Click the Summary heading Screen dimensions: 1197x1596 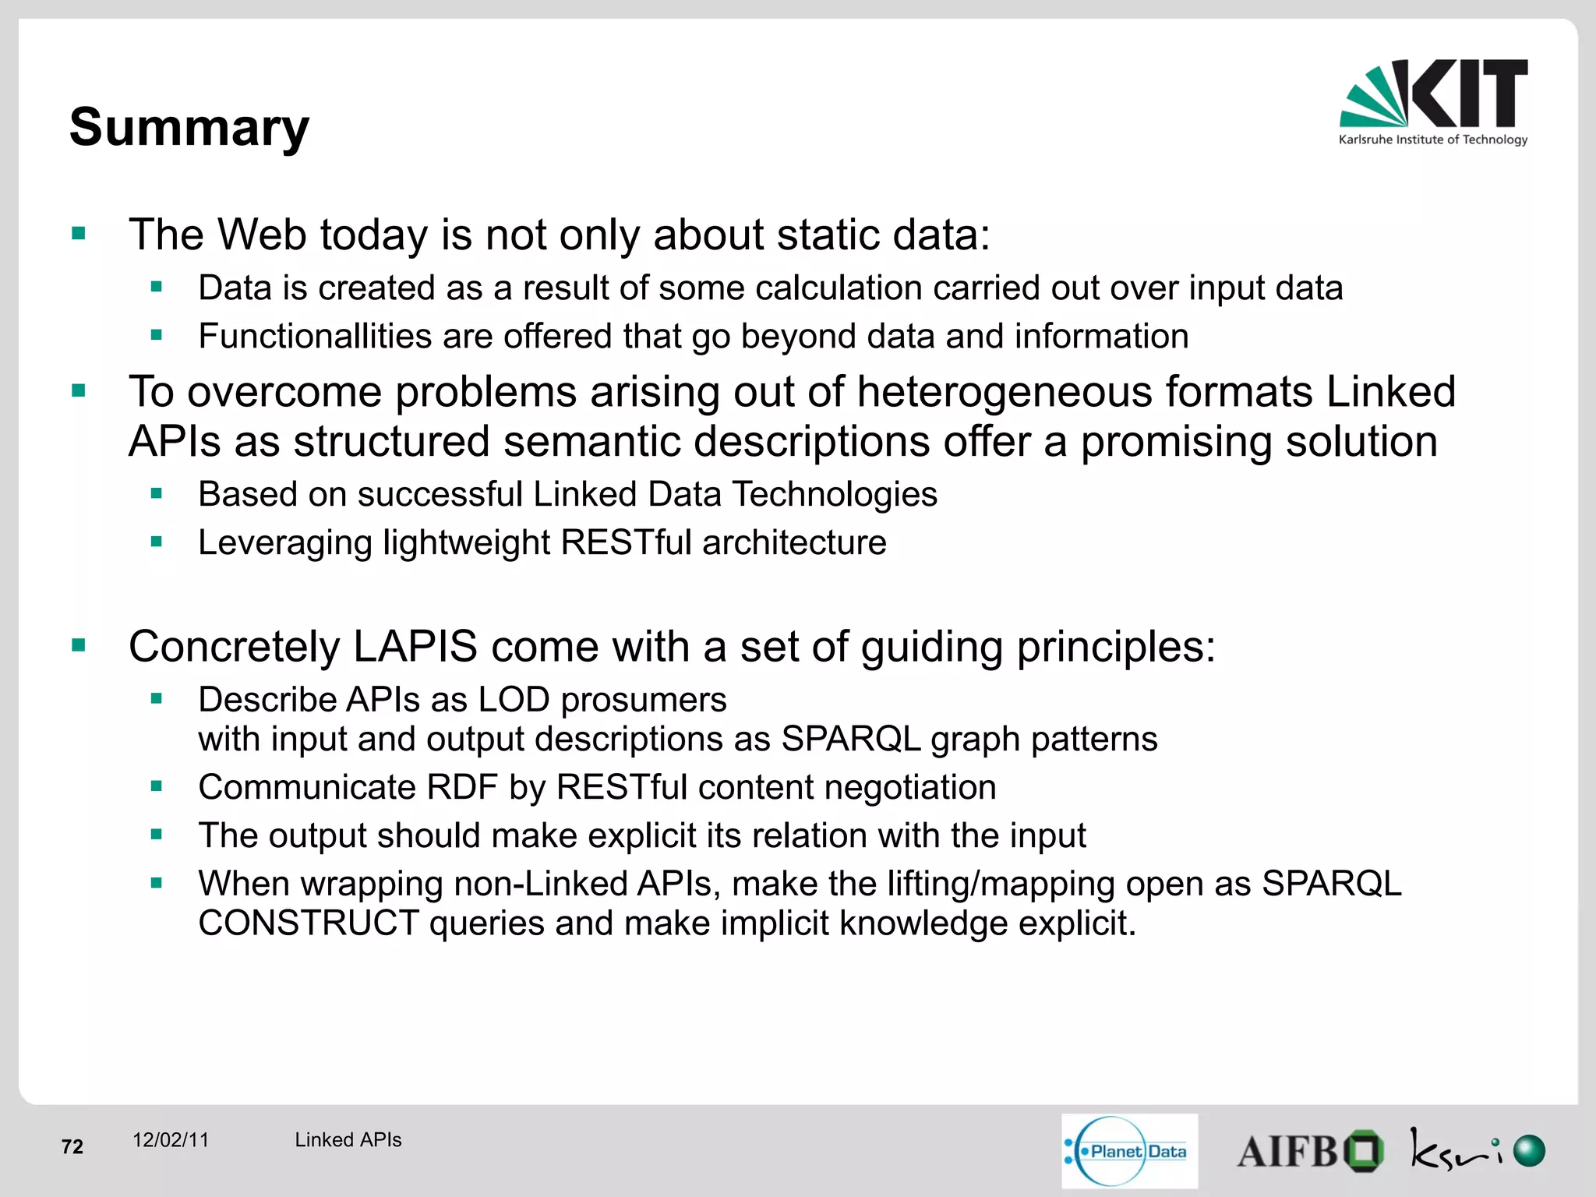tap(189, 127)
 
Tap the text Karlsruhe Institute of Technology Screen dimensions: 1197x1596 tap(1432, 140)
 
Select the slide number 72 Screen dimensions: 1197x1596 tap(72, 1146)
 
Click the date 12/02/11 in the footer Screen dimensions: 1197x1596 tap(171, 1139)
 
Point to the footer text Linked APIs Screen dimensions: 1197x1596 tap(348, 1139)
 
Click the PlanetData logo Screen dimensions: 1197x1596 tap(1129, 1150)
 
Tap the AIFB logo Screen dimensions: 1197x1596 tap(1309, 1151)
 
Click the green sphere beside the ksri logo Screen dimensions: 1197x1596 tap(1529, 1150)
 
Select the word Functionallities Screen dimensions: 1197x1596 tap(314, 337)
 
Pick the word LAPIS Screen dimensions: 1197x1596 tap(415, 647)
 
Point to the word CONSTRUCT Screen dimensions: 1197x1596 tap(309, 923)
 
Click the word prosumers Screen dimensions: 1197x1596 tap(644, 700)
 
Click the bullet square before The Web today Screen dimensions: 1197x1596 tap(79, 233)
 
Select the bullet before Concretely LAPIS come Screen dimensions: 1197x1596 tap(79, 644)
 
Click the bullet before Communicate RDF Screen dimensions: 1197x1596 tap(157, 786)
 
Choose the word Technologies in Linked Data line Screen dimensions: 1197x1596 tap(835, 494)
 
